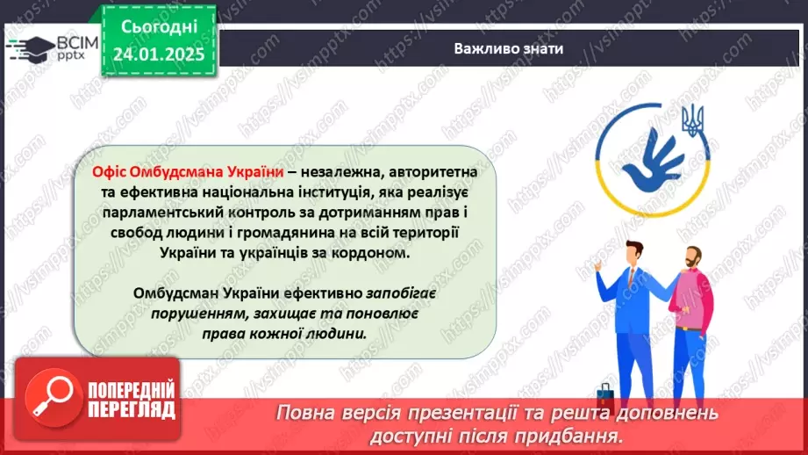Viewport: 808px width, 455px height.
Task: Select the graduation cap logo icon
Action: [31, 47]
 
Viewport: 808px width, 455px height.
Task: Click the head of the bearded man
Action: [692, 259]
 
